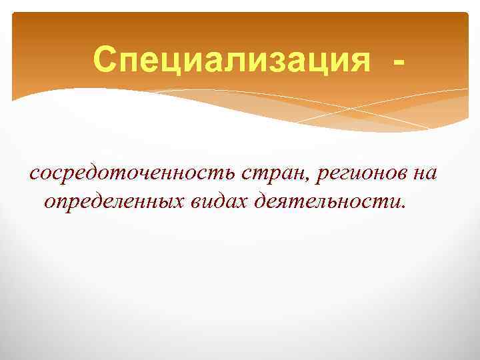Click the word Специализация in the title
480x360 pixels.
pyautogui.click(x=231, y=61)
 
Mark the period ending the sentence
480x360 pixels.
pyautogui.click(x=402, y=207)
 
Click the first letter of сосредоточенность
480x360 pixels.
pyautogui.click(x=34, y=175)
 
